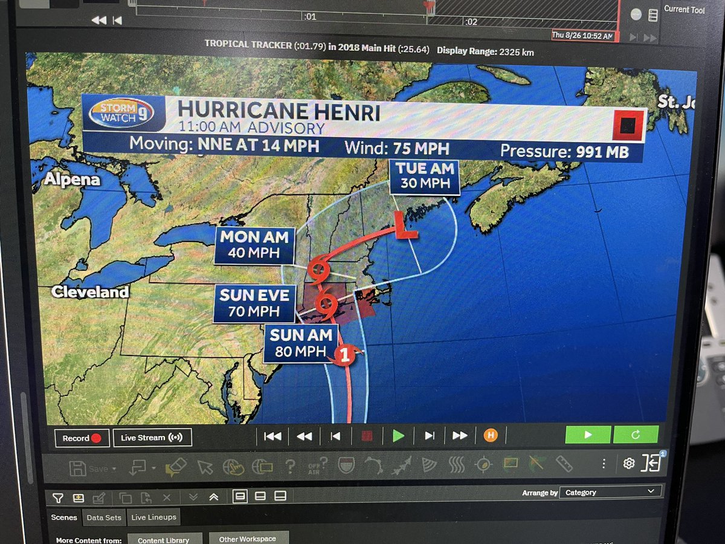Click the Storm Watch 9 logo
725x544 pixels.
click(x=120, y=112)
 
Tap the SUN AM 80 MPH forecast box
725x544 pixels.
click(x=300, y=343)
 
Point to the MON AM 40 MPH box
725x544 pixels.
click(x=254, y=244)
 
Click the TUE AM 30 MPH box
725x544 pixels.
click(x=424, y=176)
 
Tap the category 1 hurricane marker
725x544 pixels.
click(x=344, y=355)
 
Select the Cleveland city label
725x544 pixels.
click(x=90, y=293)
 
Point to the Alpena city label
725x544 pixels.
click(x=72, y=180)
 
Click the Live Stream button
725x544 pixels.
click(x=152, y=438)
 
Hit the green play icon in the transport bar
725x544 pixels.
click(x=398, y=436)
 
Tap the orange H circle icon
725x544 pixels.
click(x=490, y=435)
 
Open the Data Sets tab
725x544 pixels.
click(x=104, y=517)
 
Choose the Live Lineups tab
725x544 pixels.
click(x=154, y=517)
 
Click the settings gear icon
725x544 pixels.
click(x=628, y=464)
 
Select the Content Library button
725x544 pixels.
click(x=163, y=539)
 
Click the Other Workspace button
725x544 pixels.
click(x=247, y=538)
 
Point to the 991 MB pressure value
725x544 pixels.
click(x=595, y=152)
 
